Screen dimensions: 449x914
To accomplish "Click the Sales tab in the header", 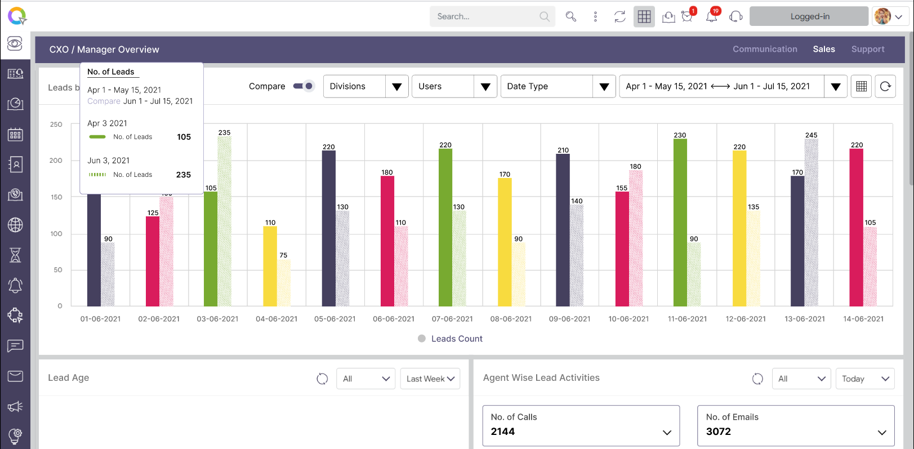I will pos(823,50).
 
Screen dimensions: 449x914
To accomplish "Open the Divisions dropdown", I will pos(365,87).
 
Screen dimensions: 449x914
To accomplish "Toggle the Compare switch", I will pos(304,86).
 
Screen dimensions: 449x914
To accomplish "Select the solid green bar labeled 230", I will pos(680,223).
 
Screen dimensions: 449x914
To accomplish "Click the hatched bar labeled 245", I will pos(811,223).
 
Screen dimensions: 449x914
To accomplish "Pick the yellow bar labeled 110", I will pos(270,266).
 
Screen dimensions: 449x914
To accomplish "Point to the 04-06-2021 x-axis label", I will pos(277,319).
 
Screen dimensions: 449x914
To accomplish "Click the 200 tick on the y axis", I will pos(56,161).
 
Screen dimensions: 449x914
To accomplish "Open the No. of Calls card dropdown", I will pos(667,433).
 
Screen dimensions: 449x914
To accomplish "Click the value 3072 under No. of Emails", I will pos(719,432).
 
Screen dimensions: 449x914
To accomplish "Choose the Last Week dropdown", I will pos(430,379).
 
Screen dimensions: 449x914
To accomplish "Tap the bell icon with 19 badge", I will pos(712,16).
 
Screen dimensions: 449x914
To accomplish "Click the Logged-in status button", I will pos(809,16).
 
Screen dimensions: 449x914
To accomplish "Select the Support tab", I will pos(867,50).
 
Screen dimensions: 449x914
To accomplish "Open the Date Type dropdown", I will pos(558,87).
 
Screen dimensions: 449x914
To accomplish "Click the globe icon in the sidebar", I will pos(15,225).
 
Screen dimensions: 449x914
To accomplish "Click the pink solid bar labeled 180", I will pos(387,241).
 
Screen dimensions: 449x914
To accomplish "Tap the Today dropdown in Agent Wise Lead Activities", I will pos(864,379).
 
